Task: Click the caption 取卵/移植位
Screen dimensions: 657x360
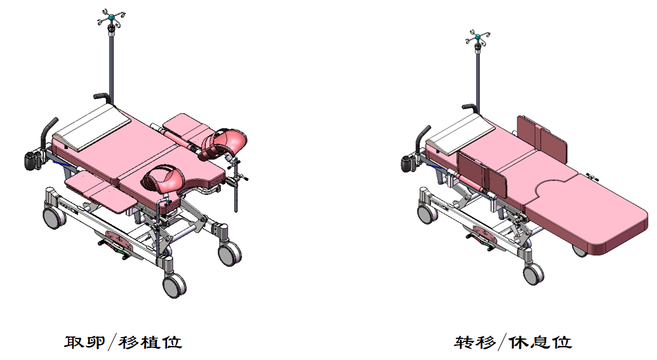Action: [x=123, y=342]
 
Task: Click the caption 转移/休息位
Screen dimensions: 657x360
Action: [x=514, y=342]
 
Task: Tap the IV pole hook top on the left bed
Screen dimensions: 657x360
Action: [x=111, y=18]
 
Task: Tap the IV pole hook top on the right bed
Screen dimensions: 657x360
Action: [x=477, y=37]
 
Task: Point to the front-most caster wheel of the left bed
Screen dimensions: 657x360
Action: [x=175, y=286]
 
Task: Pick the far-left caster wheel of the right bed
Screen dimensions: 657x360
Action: [x=427, y=213]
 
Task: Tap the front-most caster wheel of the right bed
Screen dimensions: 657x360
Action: [x=533, y=274]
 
